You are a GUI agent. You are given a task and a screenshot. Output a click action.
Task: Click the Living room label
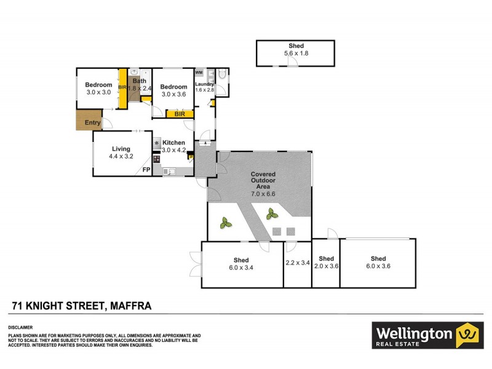coord(121,149)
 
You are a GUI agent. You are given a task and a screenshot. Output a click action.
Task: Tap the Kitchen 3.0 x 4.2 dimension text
coord(174,150)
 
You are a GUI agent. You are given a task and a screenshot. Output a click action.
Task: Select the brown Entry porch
coord(89,120)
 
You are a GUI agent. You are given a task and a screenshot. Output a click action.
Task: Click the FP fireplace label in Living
coord(146,170)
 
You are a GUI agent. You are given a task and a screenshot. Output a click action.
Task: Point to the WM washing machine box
coord(199,73)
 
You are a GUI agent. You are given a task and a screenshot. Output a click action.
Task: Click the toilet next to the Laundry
coord(222,74)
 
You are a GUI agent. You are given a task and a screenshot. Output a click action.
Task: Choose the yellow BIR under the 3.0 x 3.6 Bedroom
coord(180,114)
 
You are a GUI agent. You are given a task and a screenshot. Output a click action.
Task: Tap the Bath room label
coord(140,81)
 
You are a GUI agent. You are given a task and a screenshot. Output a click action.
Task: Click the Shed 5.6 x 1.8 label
coord(296,50)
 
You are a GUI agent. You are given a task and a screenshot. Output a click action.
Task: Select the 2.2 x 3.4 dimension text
coord(298,263)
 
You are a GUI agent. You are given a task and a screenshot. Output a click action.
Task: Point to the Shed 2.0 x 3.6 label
coord(327,263)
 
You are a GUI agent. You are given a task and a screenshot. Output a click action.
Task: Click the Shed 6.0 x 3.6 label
coord(378,263)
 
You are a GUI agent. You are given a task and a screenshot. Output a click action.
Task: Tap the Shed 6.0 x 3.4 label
coord(241,264)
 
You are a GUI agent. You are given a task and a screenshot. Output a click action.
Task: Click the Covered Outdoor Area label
coord(263,180)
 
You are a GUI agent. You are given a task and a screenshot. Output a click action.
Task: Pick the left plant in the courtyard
coord(226,223)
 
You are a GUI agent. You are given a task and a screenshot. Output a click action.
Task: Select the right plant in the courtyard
coord(272,214)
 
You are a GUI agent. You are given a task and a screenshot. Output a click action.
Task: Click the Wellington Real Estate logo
coord(427,335)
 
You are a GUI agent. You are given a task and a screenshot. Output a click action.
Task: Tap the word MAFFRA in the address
coord(131,306)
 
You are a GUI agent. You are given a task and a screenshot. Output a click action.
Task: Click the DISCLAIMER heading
coord(20,328)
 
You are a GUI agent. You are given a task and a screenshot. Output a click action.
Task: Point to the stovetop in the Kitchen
coord(157,159)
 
